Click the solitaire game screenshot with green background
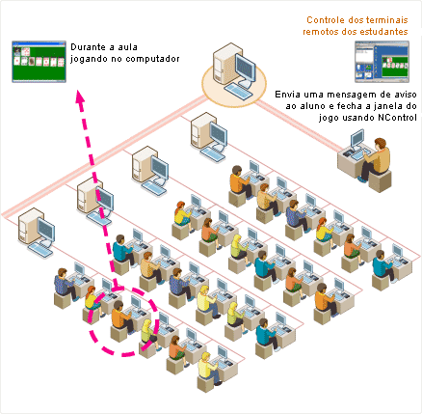pos(39,62)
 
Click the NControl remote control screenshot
pos(382,62)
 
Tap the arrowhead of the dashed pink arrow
pos(80,97)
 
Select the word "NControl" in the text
pos(397,118)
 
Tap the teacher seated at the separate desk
pos(375,159)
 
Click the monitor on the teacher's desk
pos(357,139)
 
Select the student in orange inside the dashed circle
pos(121,317)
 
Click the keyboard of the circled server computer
pos(238,91)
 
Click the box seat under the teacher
pos(380,181)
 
